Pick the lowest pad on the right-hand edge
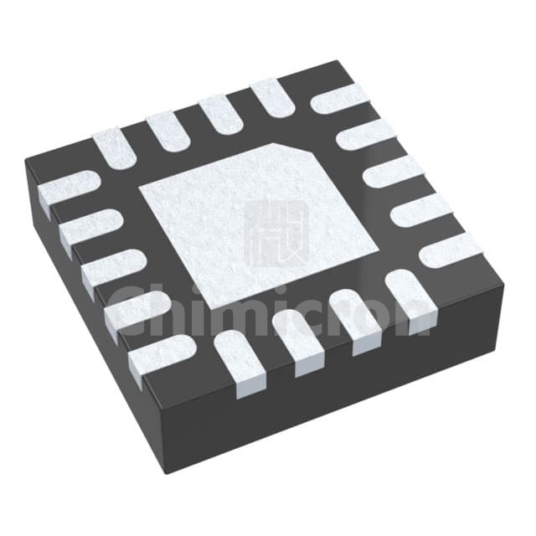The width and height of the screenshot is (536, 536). tap(451, 249)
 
